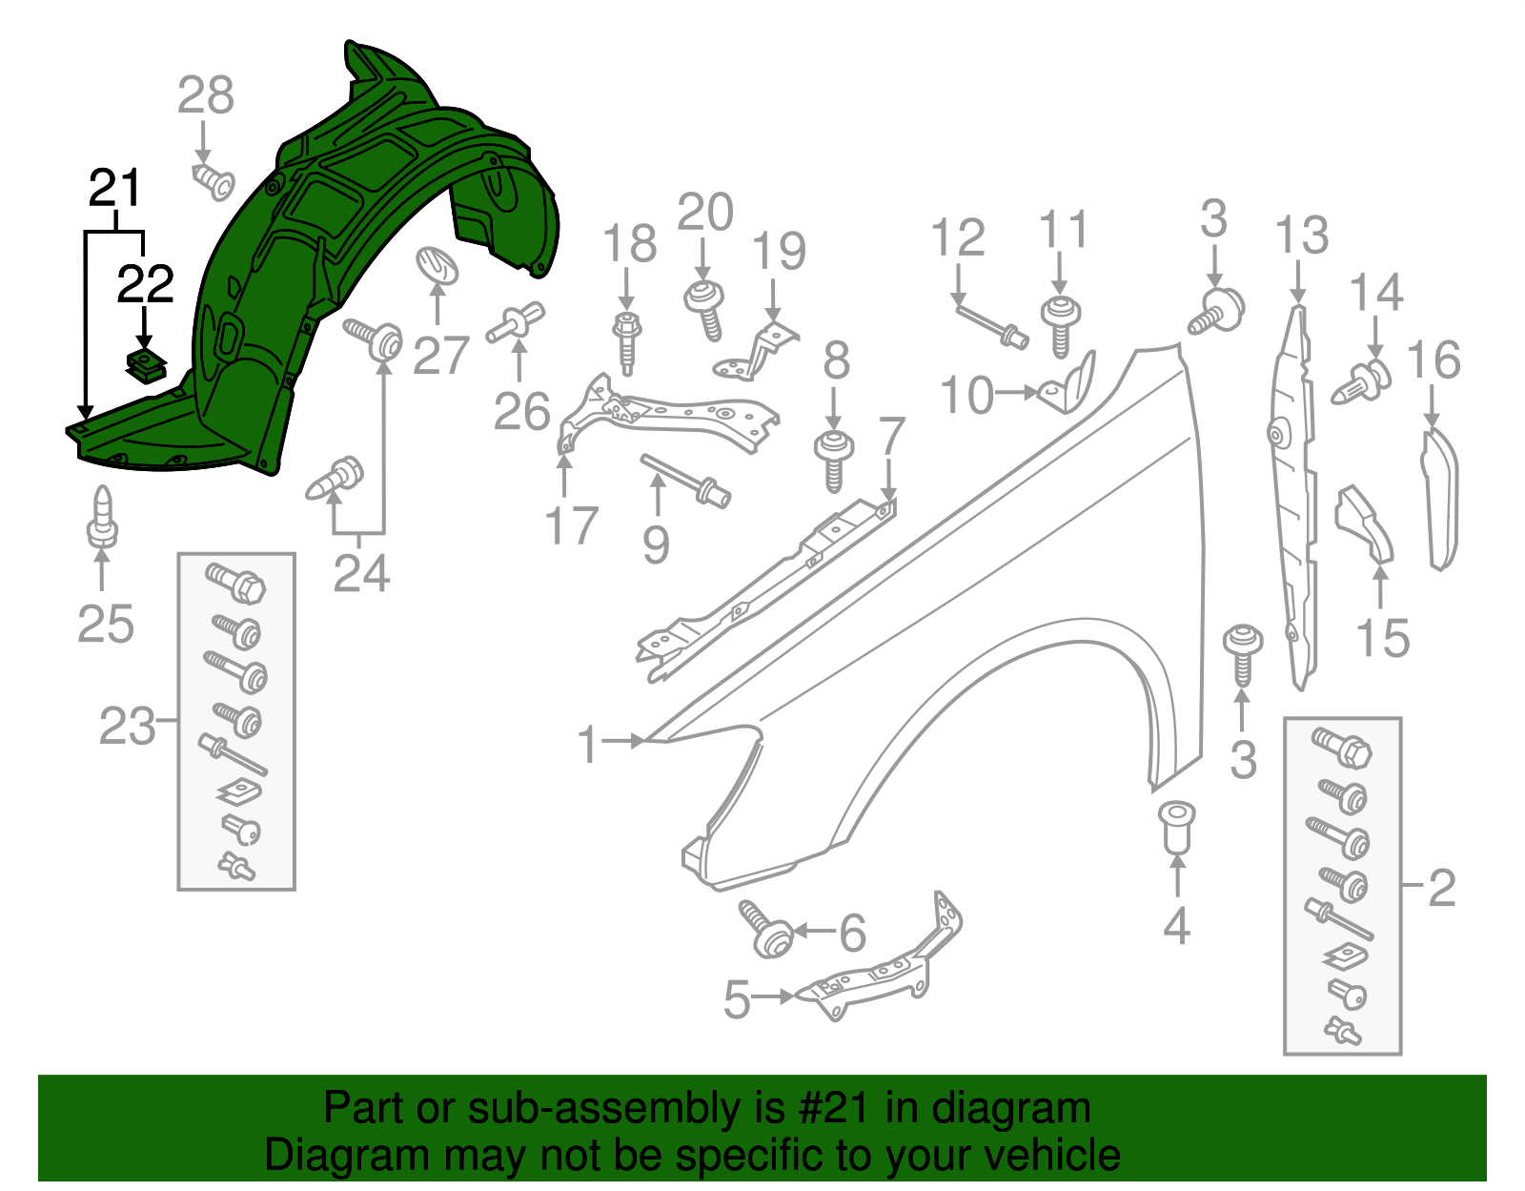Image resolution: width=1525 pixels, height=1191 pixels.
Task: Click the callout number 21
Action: pos(114,188)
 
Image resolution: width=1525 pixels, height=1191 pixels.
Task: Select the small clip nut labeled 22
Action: pos(145,364)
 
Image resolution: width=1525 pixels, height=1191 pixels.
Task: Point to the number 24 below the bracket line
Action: pos(361,573)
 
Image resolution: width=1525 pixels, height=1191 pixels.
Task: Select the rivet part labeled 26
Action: pos(517,322)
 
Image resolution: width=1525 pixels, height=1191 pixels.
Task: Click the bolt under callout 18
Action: pos(626,340)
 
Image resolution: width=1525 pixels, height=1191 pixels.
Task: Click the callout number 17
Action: pos(571,526)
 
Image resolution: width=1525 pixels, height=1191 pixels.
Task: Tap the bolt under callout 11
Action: pos(1060,325)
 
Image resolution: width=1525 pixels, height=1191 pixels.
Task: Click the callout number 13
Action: pos(1301,236)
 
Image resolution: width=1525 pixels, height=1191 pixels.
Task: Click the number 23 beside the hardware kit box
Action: pos(127,727)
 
